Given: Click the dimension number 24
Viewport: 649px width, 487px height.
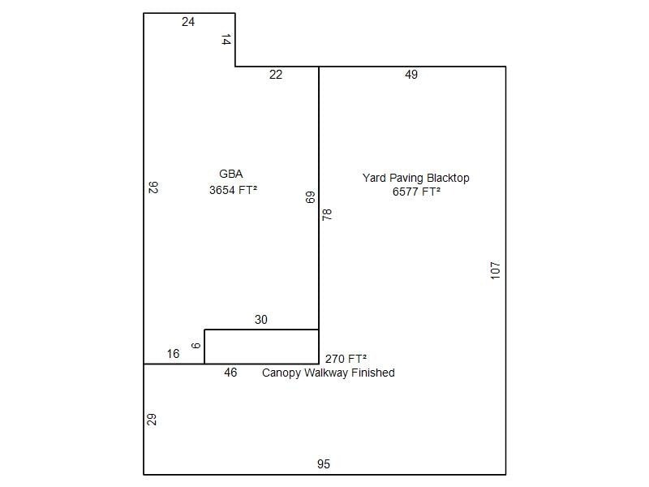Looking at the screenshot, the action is pyautogui.click(x=188, y=22).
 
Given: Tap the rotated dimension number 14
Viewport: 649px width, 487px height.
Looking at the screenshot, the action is pyautogui.click(x=226, y=40).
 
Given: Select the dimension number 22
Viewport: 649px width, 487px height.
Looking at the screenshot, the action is pyautogui.click(x=276, y=75).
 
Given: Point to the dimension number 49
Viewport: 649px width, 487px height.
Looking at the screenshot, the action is pyautogui.click(x=411, y=75).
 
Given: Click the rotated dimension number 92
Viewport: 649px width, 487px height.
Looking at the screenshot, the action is pyautogui.click(x=153, y=187).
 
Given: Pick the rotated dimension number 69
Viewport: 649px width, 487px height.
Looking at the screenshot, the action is pyautogui.click(x=310, y=197).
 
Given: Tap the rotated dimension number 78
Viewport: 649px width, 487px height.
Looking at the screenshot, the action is pyautogui.click(x=327, y=214).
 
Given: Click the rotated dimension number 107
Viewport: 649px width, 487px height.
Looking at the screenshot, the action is pyautogui.click(x=495, y=270).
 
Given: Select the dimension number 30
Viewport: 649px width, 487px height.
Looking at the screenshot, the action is pyautogui.click(x=260, y=320).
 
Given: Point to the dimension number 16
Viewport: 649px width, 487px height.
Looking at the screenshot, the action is pyautogui.click(x=173, y=354).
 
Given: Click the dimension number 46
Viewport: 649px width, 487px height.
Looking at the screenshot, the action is pyautogui.click(x=230, y=373).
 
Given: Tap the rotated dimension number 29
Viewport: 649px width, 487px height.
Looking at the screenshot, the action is pyautogui.click(x=152, y=420).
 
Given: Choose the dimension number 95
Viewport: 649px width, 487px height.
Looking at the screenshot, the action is pyautogui.click(x=323, y=464).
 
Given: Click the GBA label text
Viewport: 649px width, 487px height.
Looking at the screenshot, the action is pyautogui.click(x=231, y=174).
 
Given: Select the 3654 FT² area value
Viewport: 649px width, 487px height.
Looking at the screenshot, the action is pyautogui.click(x=233, y=190).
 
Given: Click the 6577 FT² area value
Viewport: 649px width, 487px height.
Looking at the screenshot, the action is pyautogui.click(x=416, y=192).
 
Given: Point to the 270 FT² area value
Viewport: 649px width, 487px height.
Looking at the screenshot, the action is pyautogui.click(x=346, y=359).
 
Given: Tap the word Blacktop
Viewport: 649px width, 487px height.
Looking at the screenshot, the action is pyautogui.click(x=448, y=178).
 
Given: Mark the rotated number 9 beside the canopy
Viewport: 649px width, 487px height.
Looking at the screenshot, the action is pyautogui.click(x=196, y=346).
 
